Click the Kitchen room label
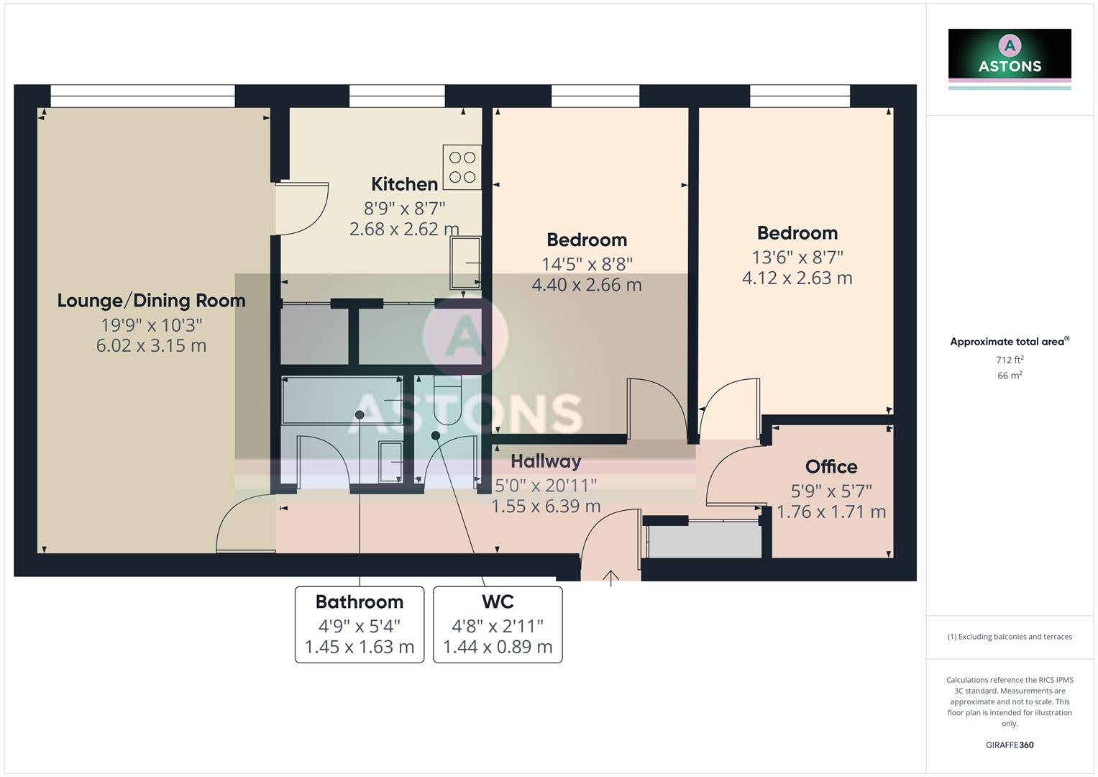coord(404,184)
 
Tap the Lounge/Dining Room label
coord(151,301)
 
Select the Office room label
coord(831,467)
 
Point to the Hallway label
coord(546,461)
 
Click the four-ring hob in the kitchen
coord(462,167)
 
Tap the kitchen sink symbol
coord(465,263)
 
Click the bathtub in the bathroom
coord(342,400)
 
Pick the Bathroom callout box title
coord(360,601)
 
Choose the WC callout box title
coord(498,601)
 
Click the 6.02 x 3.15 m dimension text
coord(151,346)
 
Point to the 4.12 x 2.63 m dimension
coord(797,278)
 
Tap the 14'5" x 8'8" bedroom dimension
coord(587,263)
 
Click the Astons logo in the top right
coord(1010,56)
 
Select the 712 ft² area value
coord(1010,360)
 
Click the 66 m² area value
coord(1010,376)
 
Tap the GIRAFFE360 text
coord(1010,745)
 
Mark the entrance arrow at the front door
coord(611,577)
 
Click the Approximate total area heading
coord(1009,342)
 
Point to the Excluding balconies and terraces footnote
coord(1010,637)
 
